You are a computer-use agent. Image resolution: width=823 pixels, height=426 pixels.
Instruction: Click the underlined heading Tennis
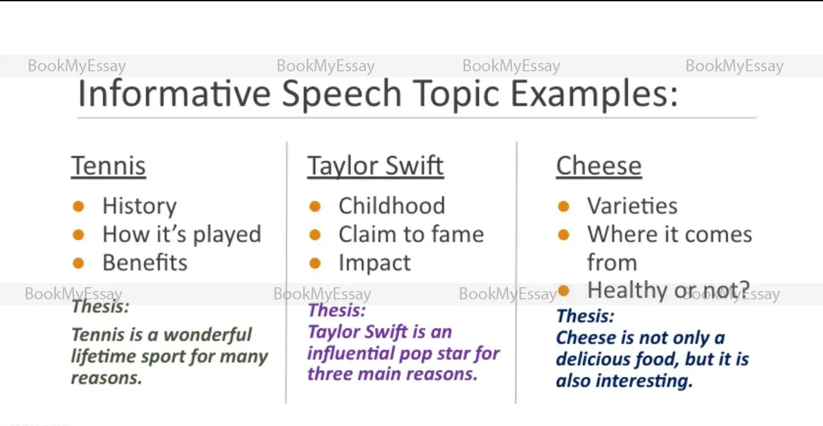pyautogui.click(x=109, y=166)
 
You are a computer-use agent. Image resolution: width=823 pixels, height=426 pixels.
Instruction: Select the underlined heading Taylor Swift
pyautogui.click(x=375, y=166)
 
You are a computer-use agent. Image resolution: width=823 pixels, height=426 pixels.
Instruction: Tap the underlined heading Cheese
pyautogui.click(x=599, y=166)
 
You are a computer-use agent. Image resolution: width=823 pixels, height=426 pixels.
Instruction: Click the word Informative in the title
pyautogui.click(x=174, y=93)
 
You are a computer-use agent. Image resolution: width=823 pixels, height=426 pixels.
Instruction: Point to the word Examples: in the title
pyautogui.click(x=594, y=94)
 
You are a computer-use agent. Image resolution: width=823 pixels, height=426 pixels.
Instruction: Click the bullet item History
pyautogui.click(x=140, y=206)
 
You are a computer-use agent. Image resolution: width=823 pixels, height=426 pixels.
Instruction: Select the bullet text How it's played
pyautogui.click(x=182, y=235)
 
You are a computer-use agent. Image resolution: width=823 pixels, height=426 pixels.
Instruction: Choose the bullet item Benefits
pyautogui.click(x=145, y=263)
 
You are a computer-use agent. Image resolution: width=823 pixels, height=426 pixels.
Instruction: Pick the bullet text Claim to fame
pyautogui.click(x=411, y=234)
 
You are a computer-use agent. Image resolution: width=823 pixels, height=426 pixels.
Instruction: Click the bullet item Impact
pyautogui.click(x=375, y=263)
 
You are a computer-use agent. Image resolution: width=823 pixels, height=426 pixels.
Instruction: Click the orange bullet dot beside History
pyautogui.click(x=78, y=206)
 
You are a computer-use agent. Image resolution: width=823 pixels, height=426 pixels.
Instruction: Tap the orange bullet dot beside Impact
pyautogui.click(x=315, y=263)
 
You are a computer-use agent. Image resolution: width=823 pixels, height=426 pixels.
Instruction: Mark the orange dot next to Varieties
pyautogui.click(x=564, y=206)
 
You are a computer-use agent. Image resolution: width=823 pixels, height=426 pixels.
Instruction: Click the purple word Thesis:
pyautogui.click(x=337, y=310)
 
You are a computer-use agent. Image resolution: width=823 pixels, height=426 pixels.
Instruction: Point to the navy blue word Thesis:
pyautogui.click(x=585, y=316)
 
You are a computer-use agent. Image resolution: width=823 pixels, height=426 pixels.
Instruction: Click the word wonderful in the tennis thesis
pyautogui.click(x=208, y=335)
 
